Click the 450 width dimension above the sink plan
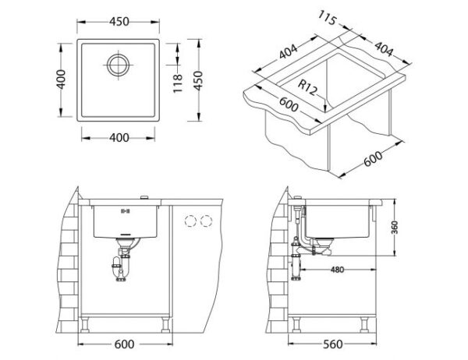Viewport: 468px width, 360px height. (x=119, y=22)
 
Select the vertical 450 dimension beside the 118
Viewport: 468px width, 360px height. (x=198, y=80)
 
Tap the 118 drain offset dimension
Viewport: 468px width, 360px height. (x=178, y=83)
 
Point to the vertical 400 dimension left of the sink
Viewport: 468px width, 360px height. (x=61, y=79)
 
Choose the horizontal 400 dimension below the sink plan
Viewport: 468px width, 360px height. (x=119, y=137)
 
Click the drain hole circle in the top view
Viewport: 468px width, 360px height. (x=119, y=65)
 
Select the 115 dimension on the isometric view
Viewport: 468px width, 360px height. (x=327, y=18)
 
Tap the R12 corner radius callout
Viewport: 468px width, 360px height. (x=307, y=88)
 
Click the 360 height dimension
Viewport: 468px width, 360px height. (x=395, y=228)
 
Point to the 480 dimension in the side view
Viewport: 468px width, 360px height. (x=337, y=270)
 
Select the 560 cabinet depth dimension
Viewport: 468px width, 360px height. (x=333, y=344)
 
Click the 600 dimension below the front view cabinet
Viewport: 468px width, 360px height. (x=124, y=344)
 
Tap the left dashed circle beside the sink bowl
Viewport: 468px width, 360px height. (x=190, y=221)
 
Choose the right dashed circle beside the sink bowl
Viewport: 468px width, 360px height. (x=206, y=221)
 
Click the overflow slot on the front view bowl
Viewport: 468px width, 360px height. (x=125, y=211)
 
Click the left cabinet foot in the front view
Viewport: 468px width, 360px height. (x=85, y=324)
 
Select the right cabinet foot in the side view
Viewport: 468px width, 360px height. (x=364, y=324)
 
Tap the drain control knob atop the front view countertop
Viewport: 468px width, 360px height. (x=144, y=197)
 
